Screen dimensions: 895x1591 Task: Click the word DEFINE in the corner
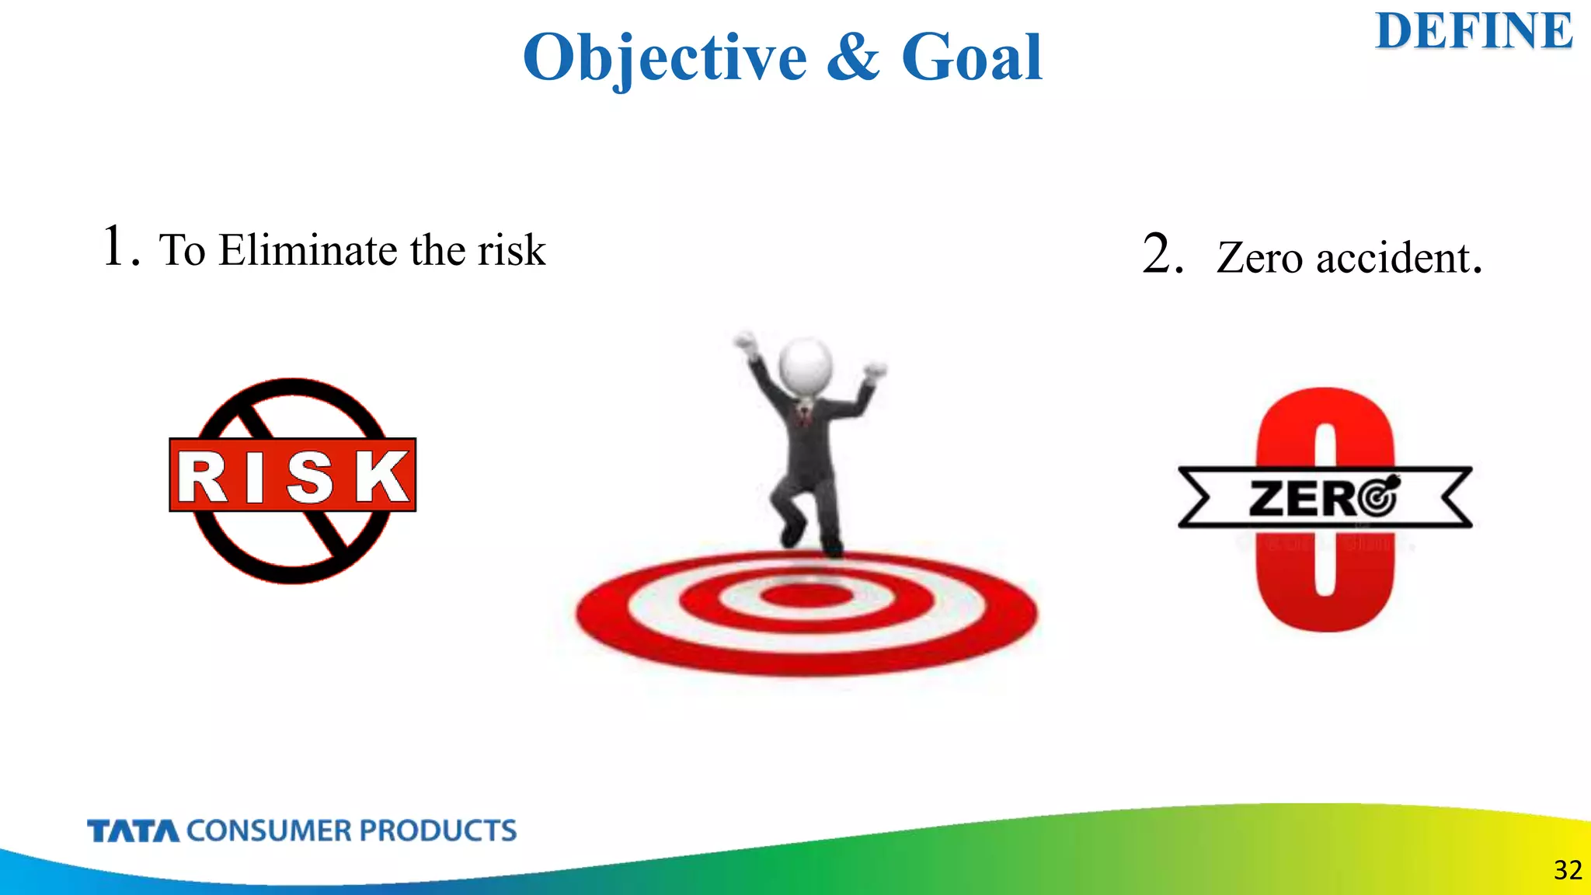coord(1474,32)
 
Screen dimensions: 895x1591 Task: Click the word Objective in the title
coord(665,57)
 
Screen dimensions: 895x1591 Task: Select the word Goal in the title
coord(971,57)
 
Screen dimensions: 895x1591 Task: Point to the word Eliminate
coord(308,250)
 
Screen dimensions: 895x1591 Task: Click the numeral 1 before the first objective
coord(115,246)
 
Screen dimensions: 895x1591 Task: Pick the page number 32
coord(1568,870)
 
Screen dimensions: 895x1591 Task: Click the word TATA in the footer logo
coord(133,831)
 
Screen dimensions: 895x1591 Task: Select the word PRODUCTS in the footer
coord(437,831)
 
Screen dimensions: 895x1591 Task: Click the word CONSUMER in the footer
coord(270,831)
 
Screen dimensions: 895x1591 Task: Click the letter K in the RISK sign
coord(383,476)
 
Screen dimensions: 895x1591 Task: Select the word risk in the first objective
coord(511,250)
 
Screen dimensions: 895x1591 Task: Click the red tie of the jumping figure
coord(806,416)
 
